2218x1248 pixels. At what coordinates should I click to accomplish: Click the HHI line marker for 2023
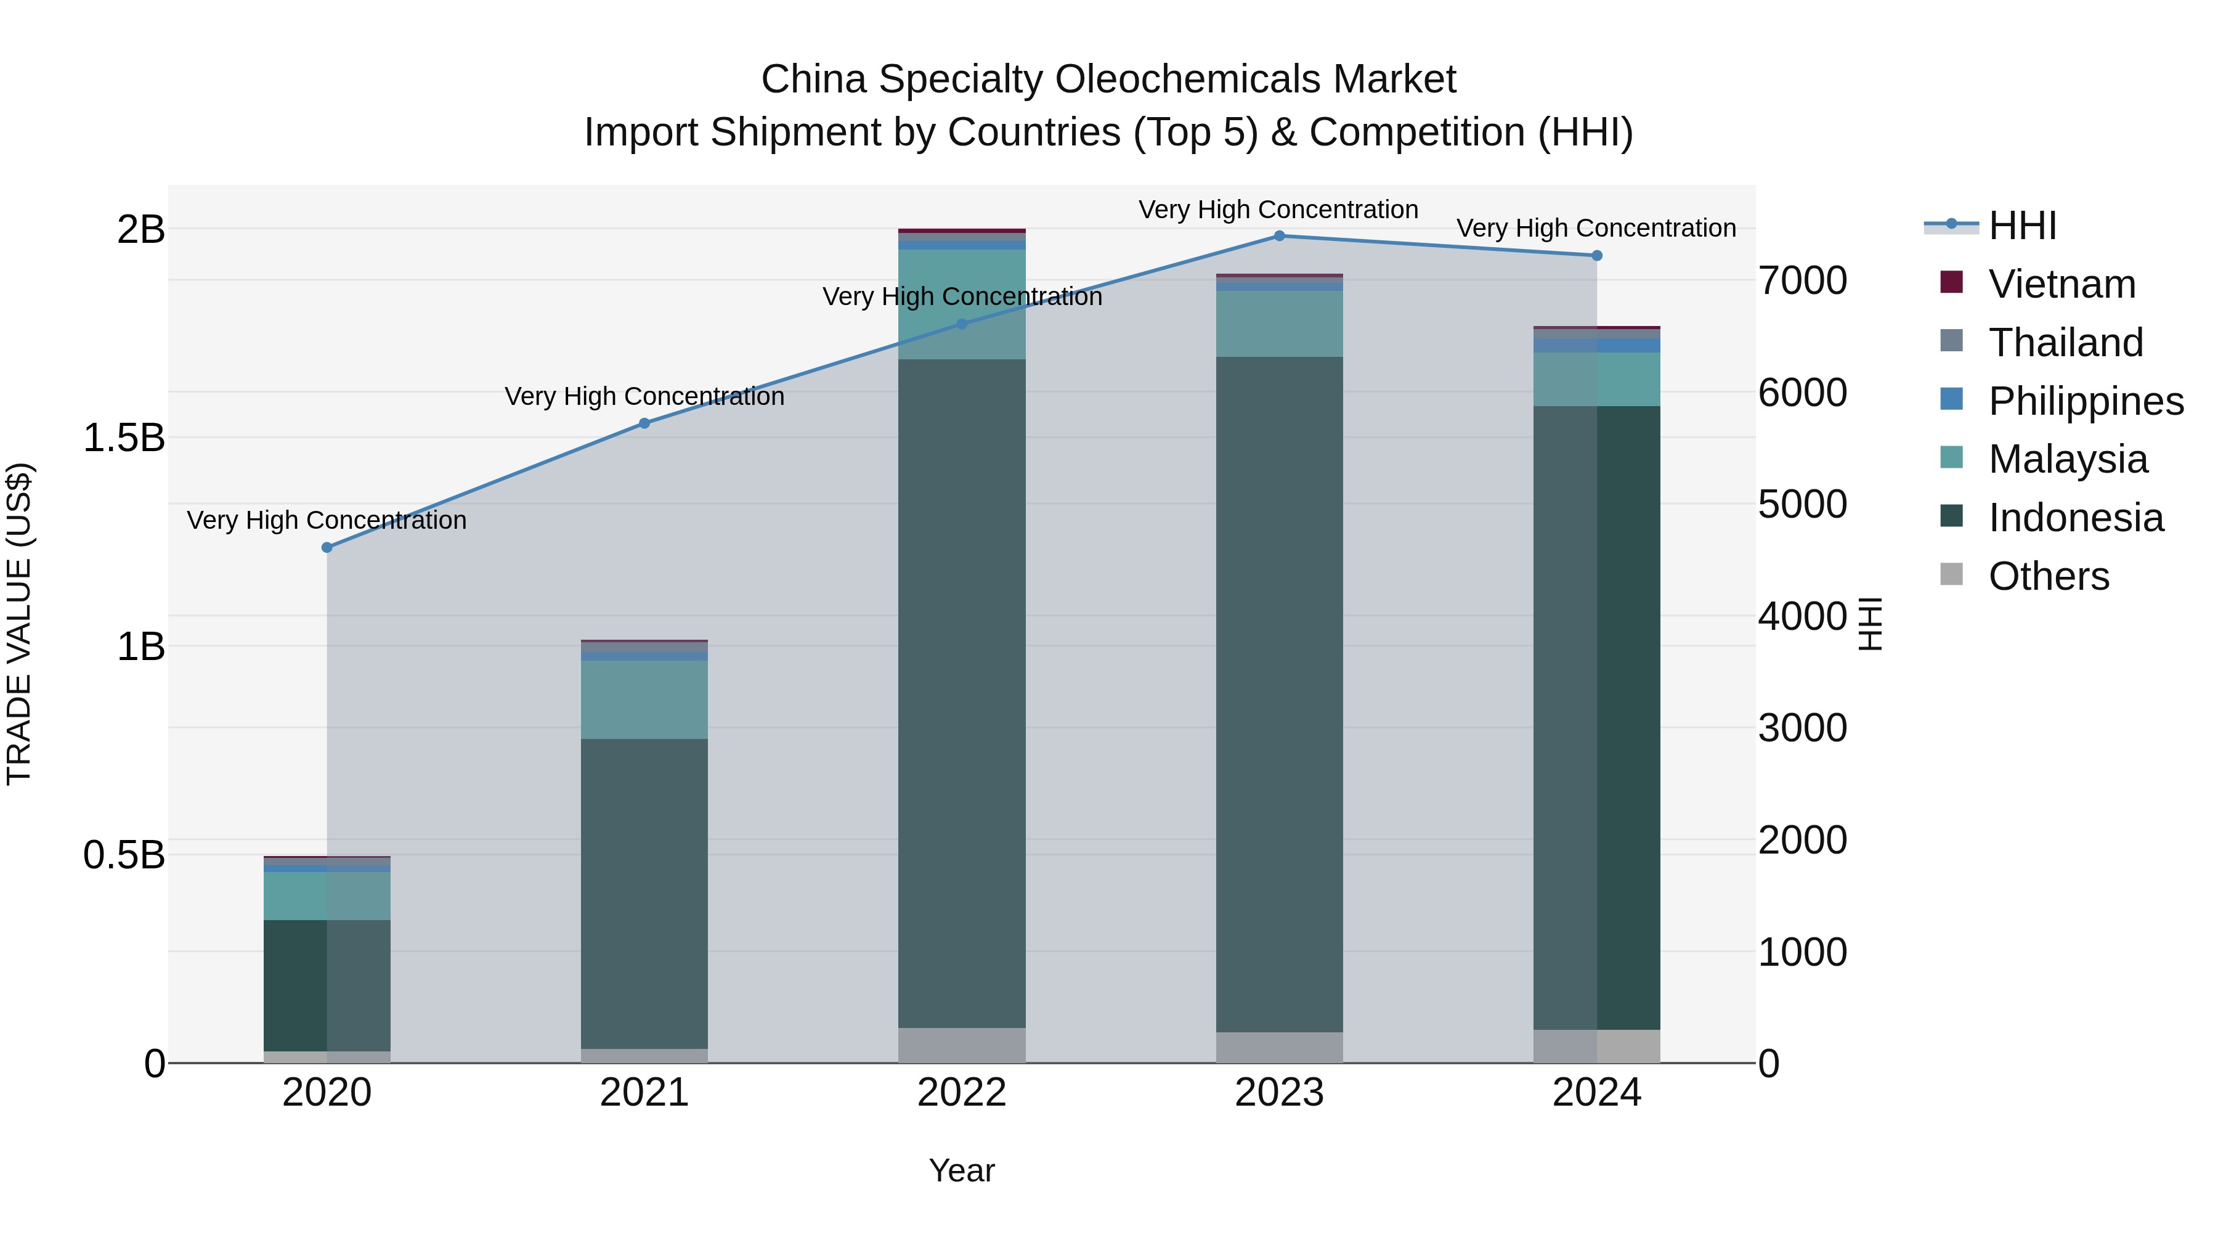(1278, 236)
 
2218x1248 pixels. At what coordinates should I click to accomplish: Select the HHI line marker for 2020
(327, 548)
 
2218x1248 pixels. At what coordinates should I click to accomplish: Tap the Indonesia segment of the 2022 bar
(962, 693)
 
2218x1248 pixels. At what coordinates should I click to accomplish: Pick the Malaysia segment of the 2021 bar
(644, 699)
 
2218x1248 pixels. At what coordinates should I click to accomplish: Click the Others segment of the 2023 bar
(1278, 1047)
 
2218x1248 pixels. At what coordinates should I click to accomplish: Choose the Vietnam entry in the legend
(2062, 284)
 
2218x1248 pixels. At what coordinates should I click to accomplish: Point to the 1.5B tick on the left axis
(123, 438)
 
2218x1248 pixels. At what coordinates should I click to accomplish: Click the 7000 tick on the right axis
(1802, 281)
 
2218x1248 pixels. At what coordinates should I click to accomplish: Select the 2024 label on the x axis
(1596, 1093)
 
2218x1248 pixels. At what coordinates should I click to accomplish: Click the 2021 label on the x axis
(644, 1093)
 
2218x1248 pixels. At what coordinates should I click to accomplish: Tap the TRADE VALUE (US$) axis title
(20, 624)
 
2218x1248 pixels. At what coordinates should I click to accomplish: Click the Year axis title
(962, 1170)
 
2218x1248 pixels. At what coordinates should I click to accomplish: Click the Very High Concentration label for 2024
(1596, 228)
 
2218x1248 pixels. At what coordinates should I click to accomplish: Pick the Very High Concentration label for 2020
(327, 520)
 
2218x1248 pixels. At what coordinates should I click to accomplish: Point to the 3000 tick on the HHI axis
(1802, 728)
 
